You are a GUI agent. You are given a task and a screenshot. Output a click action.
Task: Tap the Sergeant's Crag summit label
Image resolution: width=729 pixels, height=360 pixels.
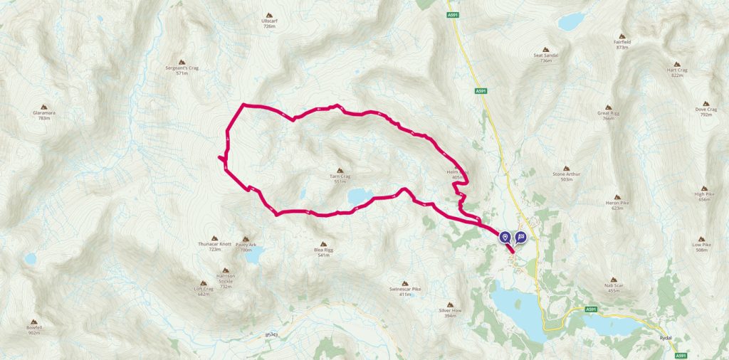(x=181, y=70)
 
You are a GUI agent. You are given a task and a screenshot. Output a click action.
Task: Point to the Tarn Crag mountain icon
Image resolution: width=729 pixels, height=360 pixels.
(x=340, y=171)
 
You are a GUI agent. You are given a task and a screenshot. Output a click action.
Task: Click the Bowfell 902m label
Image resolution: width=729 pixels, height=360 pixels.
(x=34, y=328)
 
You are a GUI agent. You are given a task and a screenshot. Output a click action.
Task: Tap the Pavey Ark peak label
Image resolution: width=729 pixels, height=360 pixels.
(x=246, y=246)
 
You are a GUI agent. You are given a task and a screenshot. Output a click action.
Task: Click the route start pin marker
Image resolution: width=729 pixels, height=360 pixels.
(x=505, y=238)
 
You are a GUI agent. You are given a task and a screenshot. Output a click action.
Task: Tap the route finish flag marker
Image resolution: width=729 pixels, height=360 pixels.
(x=520, y=238)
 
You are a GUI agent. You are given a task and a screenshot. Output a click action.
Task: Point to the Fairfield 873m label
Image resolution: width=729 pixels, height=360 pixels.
(x=622, y=43)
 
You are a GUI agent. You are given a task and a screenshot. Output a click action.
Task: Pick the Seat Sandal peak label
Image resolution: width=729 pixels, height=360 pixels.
(x=546, y=57)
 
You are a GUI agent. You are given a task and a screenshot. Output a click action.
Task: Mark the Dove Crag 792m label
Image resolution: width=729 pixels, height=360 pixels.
(x=706, y=111)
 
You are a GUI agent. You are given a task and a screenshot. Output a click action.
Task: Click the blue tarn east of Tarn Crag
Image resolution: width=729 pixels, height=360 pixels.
(x=360, y=196)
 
